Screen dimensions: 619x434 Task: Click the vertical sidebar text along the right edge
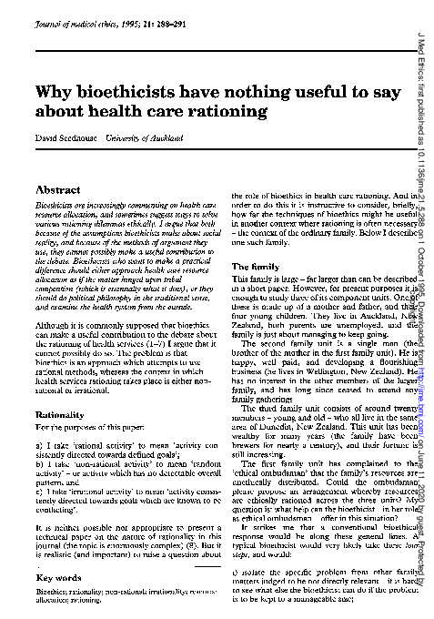coord(424,309)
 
